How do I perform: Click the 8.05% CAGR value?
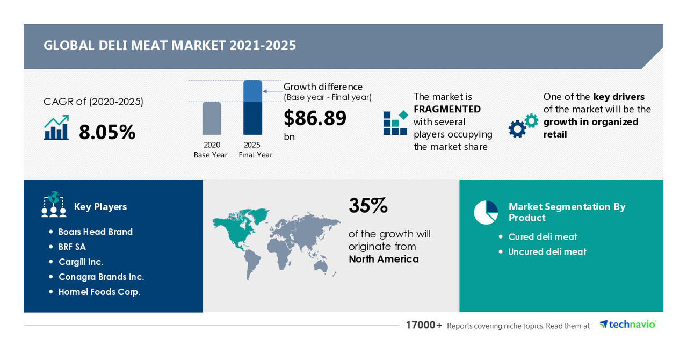(x=107, y=132)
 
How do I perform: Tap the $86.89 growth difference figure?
(x=315, y=118)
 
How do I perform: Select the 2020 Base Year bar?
(x=212, y=118)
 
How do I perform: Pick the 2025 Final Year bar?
(x=252, y=107)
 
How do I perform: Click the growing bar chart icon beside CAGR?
(x=56, y=128)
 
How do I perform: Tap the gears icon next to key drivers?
(x=523, y=126)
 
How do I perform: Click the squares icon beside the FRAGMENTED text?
(x=395, y=123)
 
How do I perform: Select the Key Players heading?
(x=100, y=207)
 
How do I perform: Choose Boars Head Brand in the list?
(x=96, y=232)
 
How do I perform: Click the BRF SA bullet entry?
(x=72, y=247)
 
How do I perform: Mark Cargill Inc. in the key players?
(x=81, y=262)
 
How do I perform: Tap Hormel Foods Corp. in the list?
(x=99, y=292)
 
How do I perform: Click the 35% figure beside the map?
(x=368, y=206)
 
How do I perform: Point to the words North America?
(x=384, y=259)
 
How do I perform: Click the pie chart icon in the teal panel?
(x=486, y=212)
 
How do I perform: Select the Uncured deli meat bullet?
(x=547, y=251)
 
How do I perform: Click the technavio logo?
(x=627, y=325)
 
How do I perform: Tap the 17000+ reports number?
(x=424, y=325)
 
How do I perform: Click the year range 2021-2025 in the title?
(x=263, y=46)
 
